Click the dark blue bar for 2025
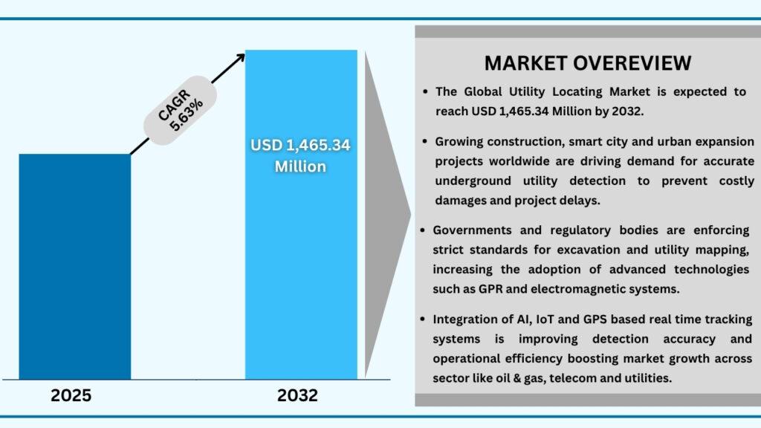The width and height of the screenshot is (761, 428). pyautogui.click(x=75, y=267)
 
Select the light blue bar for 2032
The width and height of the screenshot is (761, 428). pyautogui.click(x=301, y=215)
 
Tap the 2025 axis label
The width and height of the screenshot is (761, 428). pyautogui.click(x=71, y=395)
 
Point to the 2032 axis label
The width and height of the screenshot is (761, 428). pyautogui.click(x=297, y=395)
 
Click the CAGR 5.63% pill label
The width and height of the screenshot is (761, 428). pyautogui.click(x=180, y=110)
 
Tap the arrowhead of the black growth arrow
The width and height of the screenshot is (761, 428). pyautogui.click(x=240, y=58)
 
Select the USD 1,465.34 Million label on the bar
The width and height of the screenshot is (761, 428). pyautogui.click(x=300, y=156)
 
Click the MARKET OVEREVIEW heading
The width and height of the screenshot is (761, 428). pyautogui.click(x=588, y=63)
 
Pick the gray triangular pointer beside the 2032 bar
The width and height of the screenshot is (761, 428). pyautogui.click(x=387, y=213)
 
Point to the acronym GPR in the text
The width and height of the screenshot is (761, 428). pyautogui.click(x=490, y=289)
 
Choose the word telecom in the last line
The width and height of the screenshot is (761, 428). pyautogui.click(x=572, y=378)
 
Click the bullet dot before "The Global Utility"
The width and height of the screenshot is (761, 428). pyautogui.click(x=425, y=91)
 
